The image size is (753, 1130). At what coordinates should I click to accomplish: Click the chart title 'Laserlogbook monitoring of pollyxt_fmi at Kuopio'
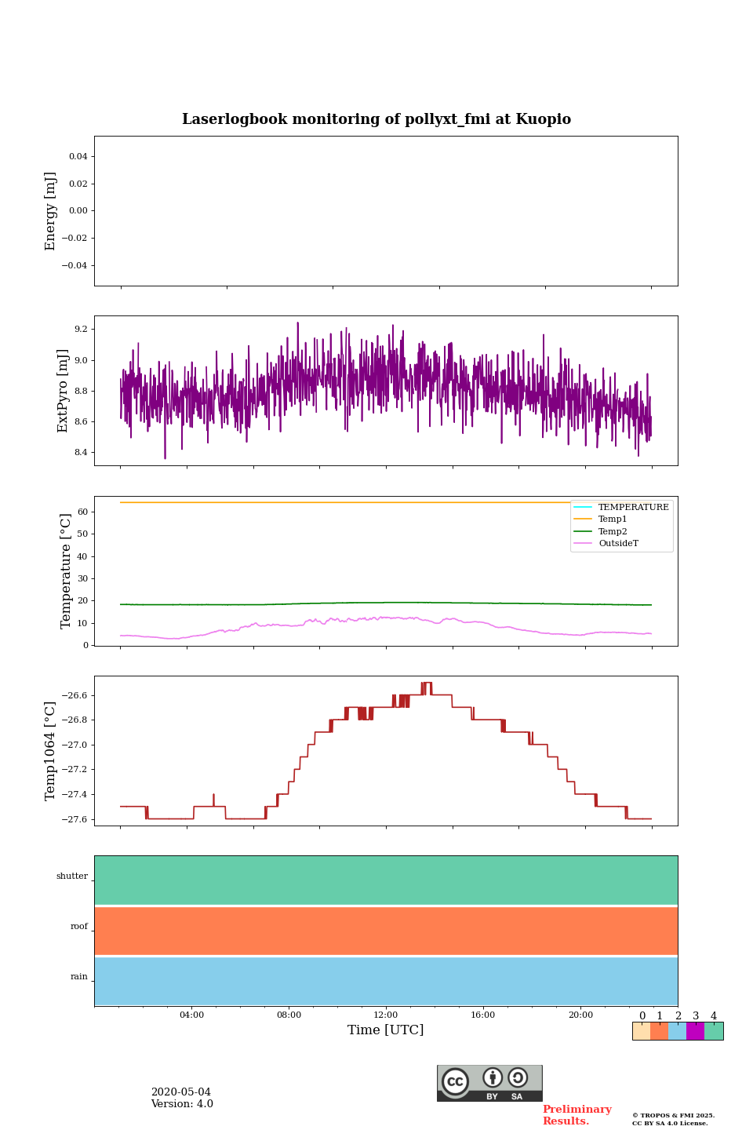click(376, 119)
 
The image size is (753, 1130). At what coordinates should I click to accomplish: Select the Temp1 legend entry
click(613, 519)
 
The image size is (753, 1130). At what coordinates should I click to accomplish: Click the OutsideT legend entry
click(618, 544)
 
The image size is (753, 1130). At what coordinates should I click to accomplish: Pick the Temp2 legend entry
click(613, 531)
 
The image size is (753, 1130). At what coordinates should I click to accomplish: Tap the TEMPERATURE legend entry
click(633, 507)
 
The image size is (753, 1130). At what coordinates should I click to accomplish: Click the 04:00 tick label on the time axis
click(191, 1015)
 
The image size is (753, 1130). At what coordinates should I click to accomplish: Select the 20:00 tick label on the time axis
click(580, 1015)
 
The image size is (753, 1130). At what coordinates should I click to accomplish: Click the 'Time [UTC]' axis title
click(386, 1030)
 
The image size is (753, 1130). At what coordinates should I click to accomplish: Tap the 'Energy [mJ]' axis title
click(51, 211)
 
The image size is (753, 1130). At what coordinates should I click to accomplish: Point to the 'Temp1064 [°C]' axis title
click(51, 751)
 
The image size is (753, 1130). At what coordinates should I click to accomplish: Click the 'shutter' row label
click(72, 877)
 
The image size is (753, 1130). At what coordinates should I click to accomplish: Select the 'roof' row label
click(79, 927)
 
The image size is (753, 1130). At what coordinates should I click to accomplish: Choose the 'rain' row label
click(79, 977)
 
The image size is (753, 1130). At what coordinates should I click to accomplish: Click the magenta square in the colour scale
click(695, 1031)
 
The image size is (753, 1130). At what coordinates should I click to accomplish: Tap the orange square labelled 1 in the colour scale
click(659, 1031)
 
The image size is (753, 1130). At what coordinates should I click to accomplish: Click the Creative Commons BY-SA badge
click(489, 1083)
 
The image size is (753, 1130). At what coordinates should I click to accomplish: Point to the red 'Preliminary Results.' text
click(577, 1115)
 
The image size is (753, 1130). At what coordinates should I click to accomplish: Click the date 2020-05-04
click(180, 1092)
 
